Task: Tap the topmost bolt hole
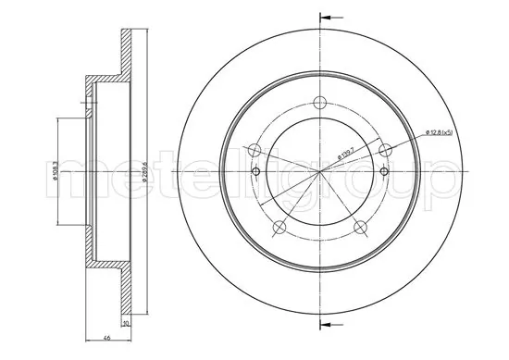(320, 103)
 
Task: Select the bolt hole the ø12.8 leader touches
(389, 151)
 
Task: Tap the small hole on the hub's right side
(383, 172)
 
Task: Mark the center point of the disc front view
(320, 173)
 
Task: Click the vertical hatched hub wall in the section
(91, 173)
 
